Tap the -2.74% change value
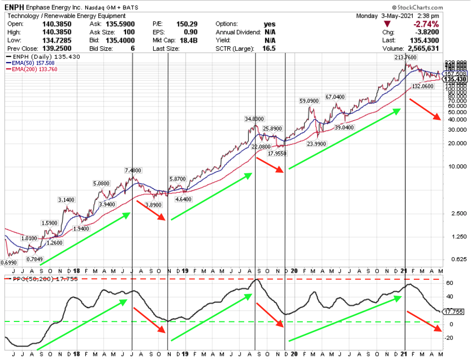tap(427, 24)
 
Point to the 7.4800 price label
tap(133, 170)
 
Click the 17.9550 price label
tap(277, 153)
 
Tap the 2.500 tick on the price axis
tap(453, 213)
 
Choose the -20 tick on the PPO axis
tap(448, 338)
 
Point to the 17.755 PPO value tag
tap(453, 312)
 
